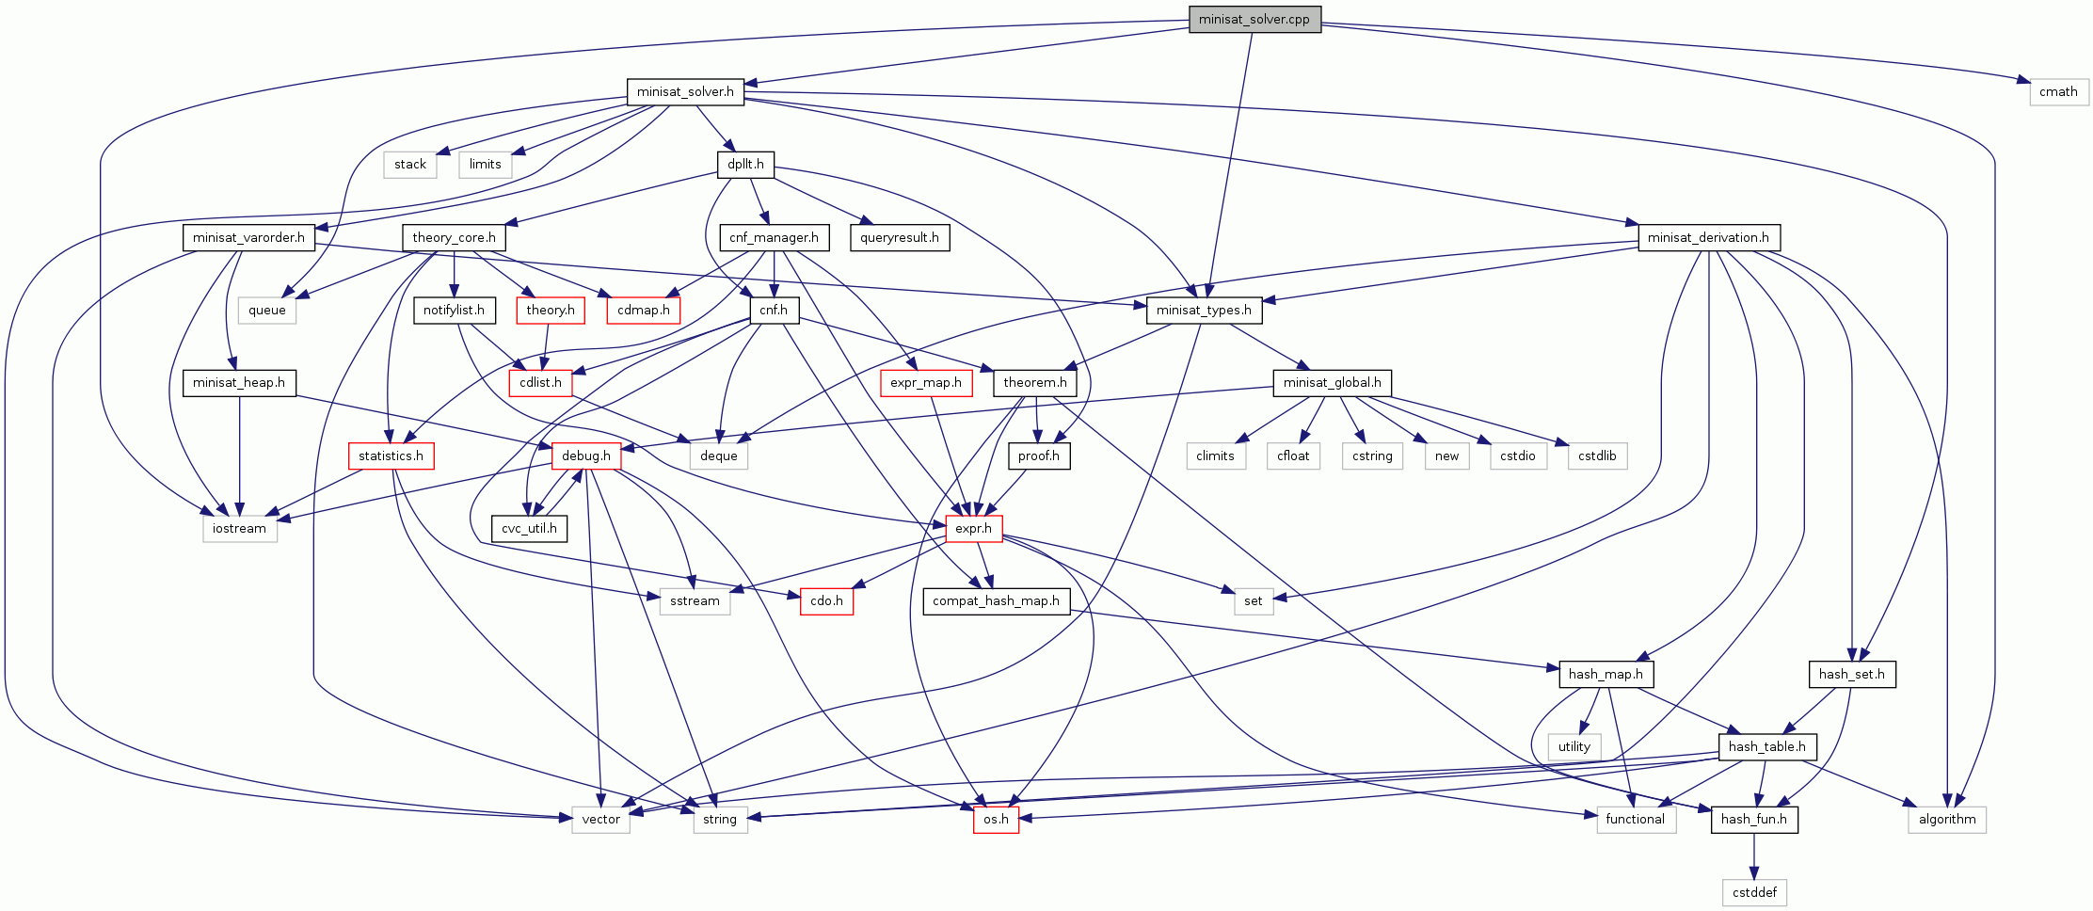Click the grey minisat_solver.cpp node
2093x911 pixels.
point(1254,20)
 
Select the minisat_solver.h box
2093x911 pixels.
point(685,92)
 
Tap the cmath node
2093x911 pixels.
point(2058,92)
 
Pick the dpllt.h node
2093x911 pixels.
point(745,165)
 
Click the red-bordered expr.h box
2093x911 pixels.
point(973,529)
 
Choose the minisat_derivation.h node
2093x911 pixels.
point(1708,237)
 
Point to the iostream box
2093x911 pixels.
point(239,529)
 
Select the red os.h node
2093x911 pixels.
point(996,820)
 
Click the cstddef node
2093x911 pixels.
point(1754,892)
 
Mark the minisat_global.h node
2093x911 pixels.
point(1332,383)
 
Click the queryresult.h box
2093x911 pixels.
point(900,237)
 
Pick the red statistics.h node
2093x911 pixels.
point(391,456)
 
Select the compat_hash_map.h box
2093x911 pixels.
point(996,601)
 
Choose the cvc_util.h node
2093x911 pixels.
point(529,529)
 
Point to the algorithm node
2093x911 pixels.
point(1947,820)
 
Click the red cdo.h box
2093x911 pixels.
point(826,601)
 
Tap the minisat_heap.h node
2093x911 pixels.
point(239,383)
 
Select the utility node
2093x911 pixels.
point(1574,747)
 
